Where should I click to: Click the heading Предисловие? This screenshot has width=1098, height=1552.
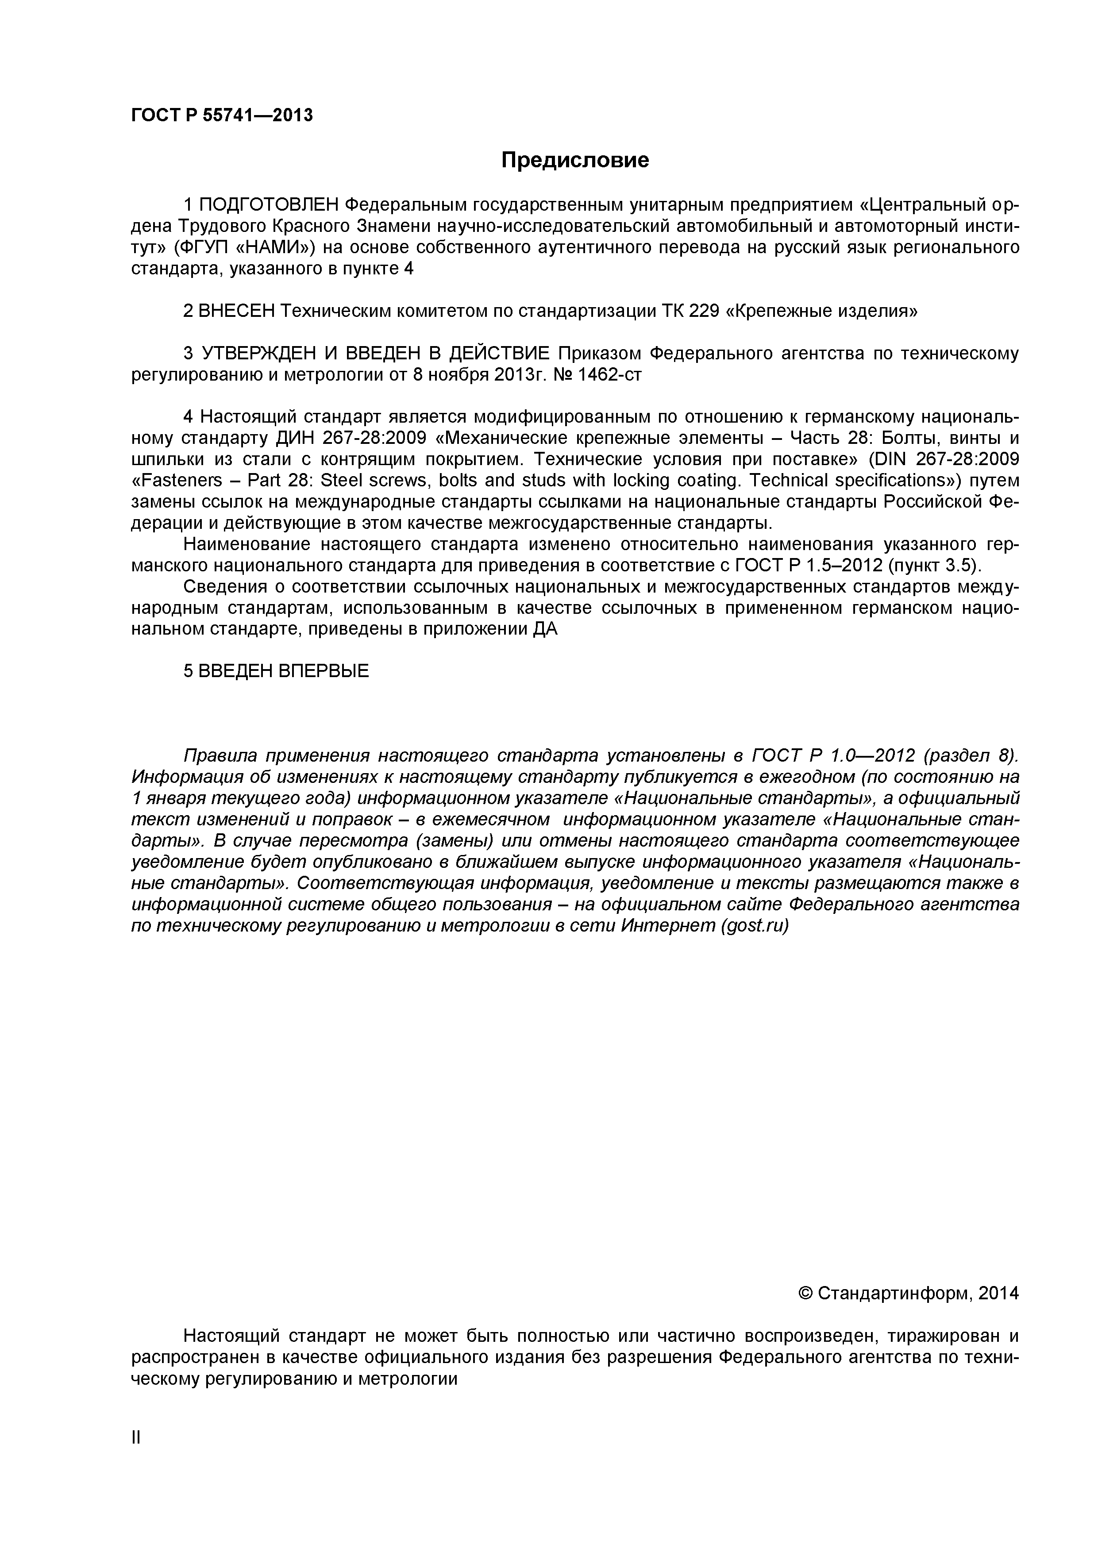tap(575, 160)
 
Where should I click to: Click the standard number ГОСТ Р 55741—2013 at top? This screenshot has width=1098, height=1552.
tap(222, 116)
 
